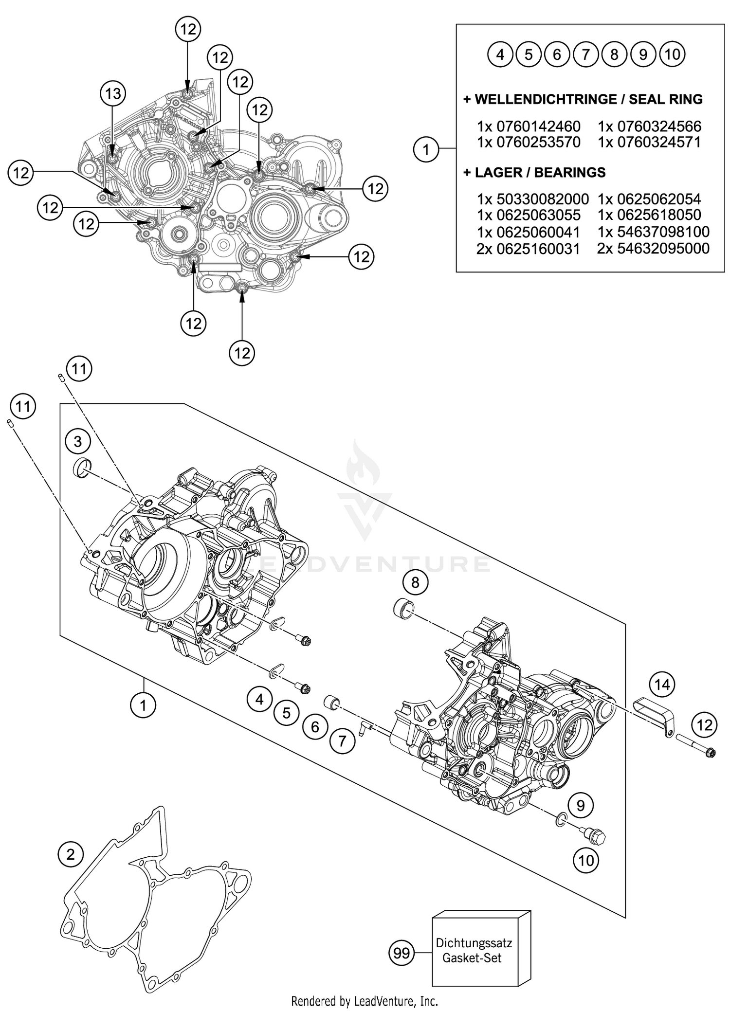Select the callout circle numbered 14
(x=662, y=685)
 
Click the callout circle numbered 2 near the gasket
(x=71, y=854)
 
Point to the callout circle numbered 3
(x=78, y=442)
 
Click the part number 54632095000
(x=663, y=249)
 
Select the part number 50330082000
(x=542, y=199)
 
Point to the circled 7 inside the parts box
(x=586, y=54)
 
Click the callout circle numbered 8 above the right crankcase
(x=415, y=582)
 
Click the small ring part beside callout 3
(x=82, y=468)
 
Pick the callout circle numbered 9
(x=581, y=806)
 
